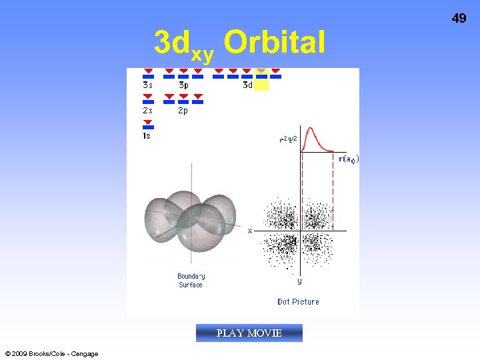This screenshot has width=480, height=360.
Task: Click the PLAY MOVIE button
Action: coord(249,333)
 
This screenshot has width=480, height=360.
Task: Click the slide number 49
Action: coord(459,19)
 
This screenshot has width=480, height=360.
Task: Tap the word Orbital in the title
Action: coord(275,43)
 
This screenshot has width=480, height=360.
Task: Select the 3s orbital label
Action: coord(147,85)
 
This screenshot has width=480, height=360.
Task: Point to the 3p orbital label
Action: coord(183,85)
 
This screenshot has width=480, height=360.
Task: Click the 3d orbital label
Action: coord(247,85)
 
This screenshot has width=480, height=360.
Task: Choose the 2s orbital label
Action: coord(147,111)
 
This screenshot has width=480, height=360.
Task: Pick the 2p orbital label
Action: coord(183,111)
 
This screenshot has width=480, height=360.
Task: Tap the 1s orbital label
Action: coord(147,136)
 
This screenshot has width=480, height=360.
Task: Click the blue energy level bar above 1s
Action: coord(148,127)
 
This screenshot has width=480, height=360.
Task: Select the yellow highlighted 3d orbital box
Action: coord(262,79)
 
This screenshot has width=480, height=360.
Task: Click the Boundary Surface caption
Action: coord(191,281)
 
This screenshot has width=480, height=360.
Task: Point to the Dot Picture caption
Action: coord(298,302)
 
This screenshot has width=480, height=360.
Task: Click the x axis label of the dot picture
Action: coord(250,231)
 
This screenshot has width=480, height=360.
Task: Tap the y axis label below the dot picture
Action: coord(299,281)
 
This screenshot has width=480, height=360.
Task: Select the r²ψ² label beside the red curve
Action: coord(288,140)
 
